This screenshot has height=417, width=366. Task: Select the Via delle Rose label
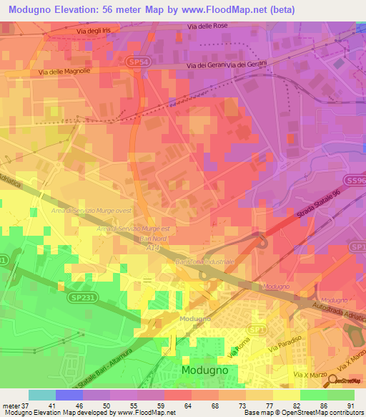click(x=207, y=27)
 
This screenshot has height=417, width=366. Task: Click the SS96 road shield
click(x=358, y=181)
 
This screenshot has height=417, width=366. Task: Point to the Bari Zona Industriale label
click(x=204, y=262)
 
